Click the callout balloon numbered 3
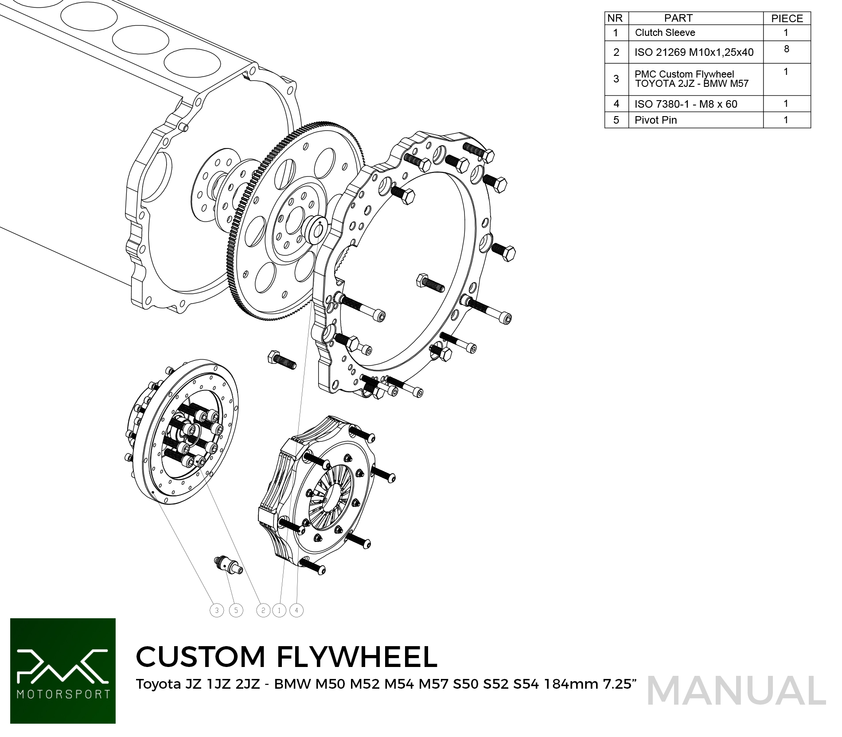click(217, 610)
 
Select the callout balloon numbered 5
click(236, 610)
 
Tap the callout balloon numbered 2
click(263, 610)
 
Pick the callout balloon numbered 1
click(279, 610)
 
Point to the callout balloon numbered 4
click(296, 610)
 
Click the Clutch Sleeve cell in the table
click(696, 33)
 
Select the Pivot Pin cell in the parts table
click(696, 120)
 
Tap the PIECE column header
click(787, 18)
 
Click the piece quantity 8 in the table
click(787, 49)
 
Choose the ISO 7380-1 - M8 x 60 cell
click(696, 104)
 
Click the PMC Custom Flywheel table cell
click(696, 79)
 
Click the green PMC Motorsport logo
click(63, 671)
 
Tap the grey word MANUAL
click(737, 690)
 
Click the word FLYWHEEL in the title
click(357, 656)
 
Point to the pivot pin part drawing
click(228, 565)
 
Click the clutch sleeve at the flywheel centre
click(316, 230)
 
